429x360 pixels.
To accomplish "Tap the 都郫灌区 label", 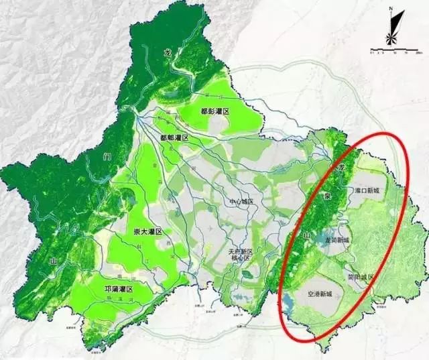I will pos(176,137).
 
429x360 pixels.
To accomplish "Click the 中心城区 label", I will pos(226,200).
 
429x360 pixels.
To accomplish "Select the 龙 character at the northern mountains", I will pos(167,51).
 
